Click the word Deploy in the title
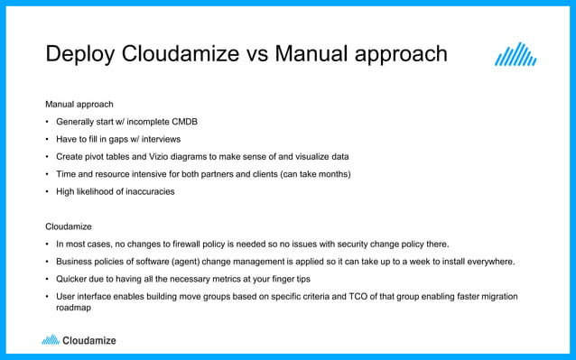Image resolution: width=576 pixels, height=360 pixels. [x=79, y=55]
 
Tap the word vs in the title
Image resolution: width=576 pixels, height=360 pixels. [x=257, y=54]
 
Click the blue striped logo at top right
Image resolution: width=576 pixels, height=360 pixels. [x=516, y=55]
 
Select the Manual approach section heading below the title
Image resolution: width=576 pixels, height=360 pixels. [x=79, y=105]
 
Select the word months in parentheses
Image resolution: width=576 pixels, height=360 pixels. [x=330, y=173]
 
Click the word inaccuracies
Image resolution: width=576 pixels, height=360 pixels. [x=144, y=191]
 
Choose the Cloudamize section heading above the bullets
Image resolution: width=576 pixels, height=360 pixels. [x=69, y=226]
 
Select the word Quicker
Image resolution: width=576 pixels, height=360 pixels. [x=73, y=279]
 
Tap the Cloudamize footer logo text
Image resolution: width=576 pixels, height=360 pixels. [x=88, y=340]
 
